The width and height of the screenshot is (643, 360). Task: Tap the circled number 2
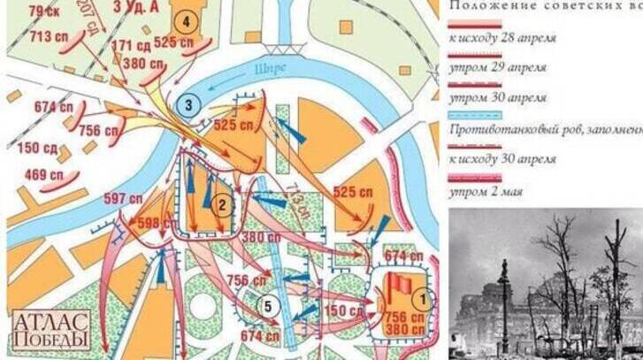224,206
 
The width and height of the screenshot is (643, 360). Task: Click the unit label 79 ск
43,11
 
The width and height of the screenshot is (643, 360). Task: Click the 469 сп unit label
42,174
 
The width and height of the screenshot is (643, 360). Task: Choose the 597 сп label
123,198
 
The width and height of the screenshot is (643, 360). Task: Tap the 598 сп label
154,222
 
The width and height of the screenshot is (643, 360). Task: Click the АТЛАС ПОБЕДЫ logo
50,330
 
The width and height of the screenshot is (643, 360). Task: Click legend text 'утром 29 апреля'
497,67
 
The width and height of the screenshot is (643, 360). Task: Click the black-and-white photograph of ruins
546,283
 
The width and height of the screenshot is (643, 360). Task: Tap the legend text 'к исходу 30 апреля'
502,159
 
